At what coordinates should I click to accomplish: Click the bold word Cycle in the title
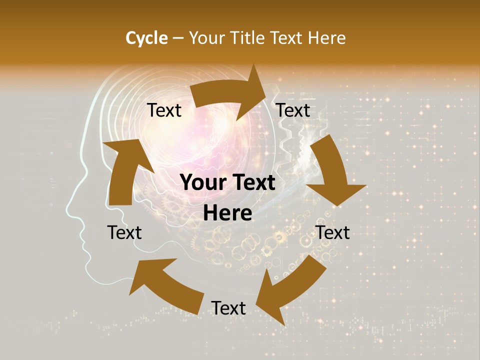146,38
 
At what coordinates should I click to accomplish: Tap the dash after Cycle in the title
178,38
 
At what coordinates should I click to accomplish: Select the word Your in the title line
206,38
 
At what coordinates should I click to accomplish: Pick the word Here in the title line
327,38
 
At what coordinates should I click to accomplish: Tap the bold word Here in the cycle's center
228,213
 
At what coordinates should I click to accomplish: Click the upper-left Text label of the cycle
164,110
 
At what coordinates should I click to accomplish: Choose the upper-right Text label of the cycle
293,110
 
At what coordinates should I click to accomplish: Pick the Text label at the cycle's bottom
228,308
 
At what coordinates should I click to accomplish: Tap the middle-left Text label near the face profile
124,232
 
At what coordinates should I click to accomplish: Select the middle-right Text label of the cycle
333,232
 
